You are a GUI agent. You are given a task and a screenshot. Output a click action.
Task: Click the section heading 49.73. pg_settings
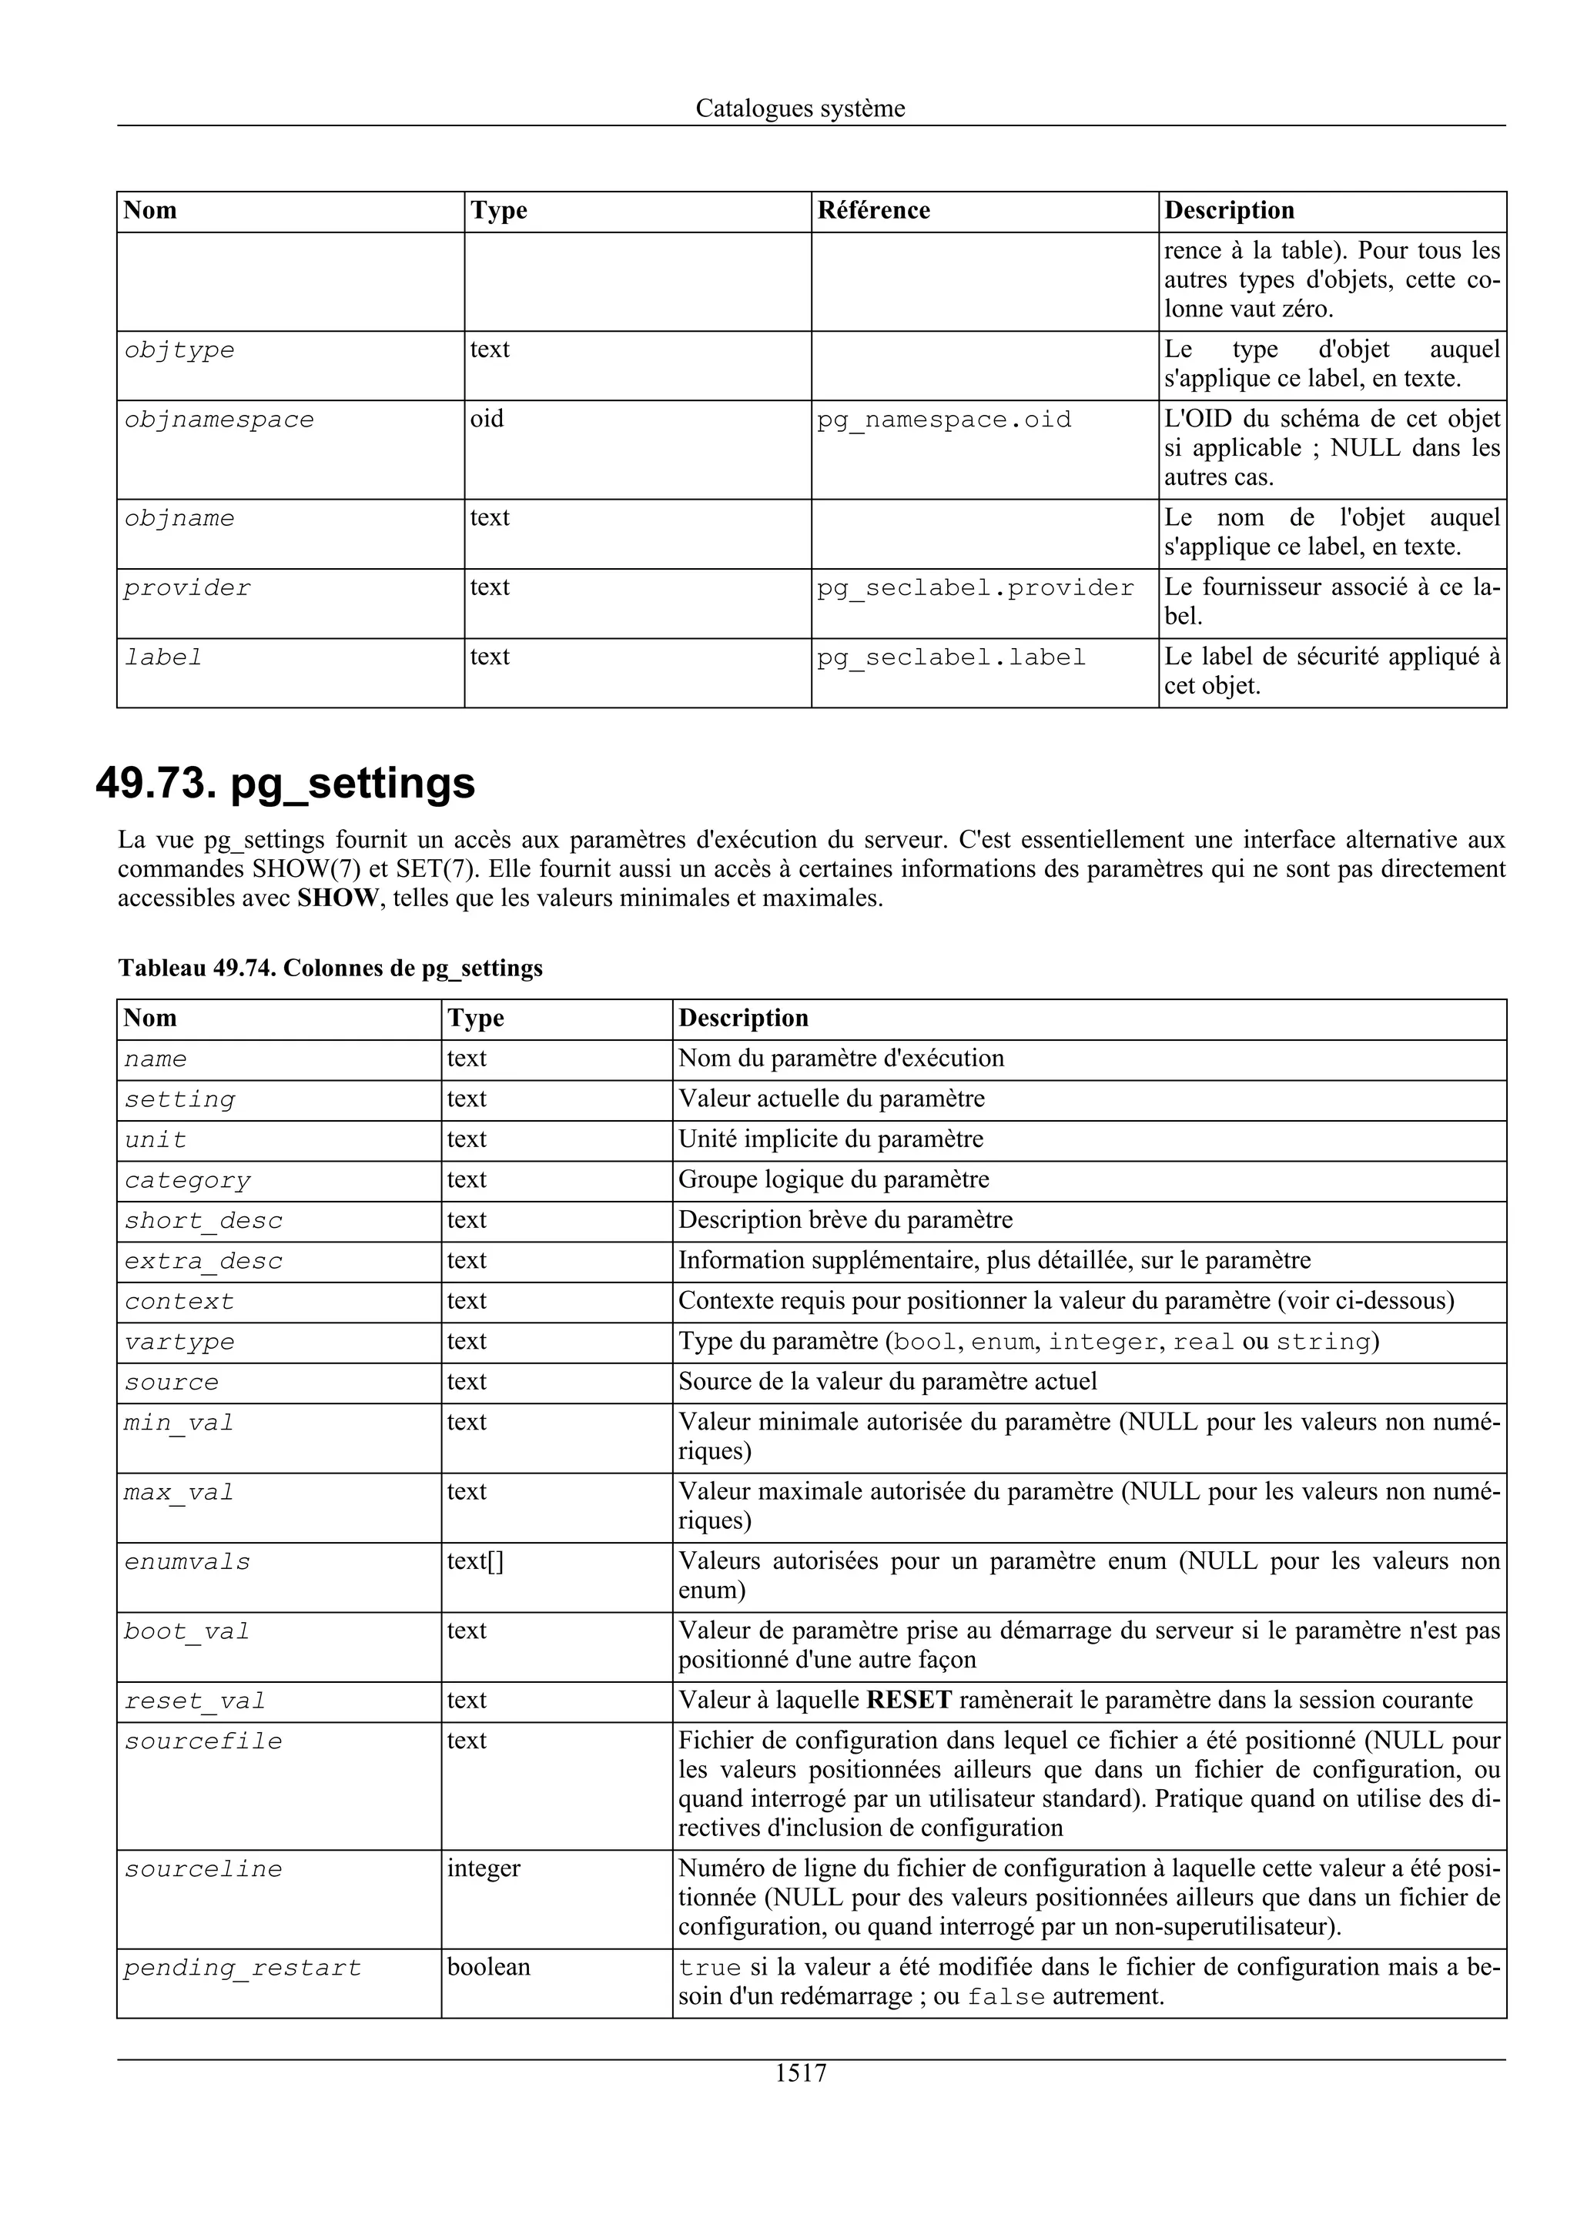point(286,783)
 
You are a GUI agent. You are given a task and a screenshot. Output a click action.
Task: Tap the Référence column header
point(872,211)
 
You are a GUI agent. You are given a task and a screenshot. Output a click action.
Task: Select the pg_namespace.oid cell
point(943,420)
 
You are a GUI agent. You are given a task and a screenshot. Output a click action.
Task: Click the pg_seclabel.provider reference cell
point(975,588)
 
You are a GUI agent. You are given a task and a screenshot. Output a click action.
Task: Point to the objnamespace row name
point(219,420)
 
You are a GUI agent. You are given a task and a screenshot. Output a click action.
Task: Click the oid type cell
point(487,419)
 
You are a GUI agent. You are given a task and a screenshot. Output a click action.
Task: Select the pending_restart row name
point(242,1968)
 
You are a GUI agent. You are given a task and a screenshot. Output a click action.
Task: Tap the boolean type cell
point(489,1967)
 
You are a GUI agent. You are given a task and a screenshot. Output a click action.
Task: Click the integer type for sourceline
point(483,1868)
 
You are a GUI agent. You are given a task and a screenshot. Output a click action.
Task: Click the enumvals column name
point(186,1561)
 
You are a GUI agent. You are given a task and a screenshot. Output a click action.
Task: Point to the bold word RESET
point(909,1700)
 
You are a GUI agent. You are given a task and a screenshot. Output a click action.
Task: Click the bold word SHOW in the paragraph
point(337,898)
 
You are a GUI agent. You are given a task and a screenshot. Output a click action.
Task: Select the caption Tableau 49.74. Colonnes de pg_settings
point(330,968)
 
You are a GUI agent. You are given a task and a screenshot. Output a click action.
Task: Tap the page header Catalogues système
point(800,108)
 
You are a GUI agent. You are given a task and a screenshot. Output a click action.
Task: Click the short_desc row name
point(203,1220)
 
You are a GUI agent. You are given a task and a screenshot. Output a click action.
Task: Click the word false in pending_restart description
point(1006,1998)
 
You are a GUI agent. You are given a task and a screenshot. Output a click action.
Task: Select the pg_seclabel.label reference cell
point(950,658)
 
